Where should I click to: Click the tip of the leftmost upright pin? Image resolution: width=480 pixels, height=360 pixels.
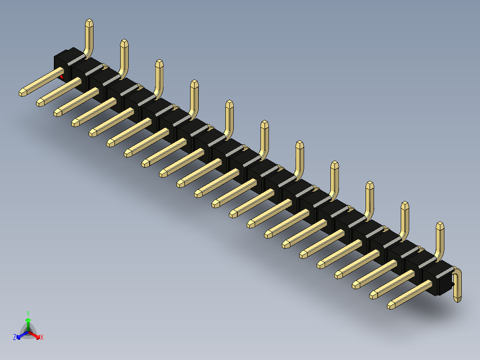coord(89,21)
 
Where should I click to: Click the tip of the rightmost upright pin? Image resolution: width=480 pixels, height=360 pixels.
coord(440,225)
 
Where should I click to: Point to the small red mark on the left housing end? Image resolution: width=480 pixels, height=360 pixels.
coord(61,77)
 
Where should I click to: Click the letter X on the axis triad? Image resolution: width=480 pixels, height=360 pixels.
coord(42,338)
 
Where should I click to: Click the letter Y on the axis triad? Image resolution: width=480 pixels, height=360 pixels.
coord(28,313)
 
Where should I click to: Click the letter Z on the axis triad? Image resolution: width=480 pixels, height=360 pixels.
coord(15,338)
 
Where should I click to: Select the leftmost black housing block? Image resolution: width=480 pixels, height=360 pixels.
coord(63,62)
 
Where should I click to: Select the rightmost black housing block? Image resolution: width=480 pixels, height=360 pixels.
coord(437,278)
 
